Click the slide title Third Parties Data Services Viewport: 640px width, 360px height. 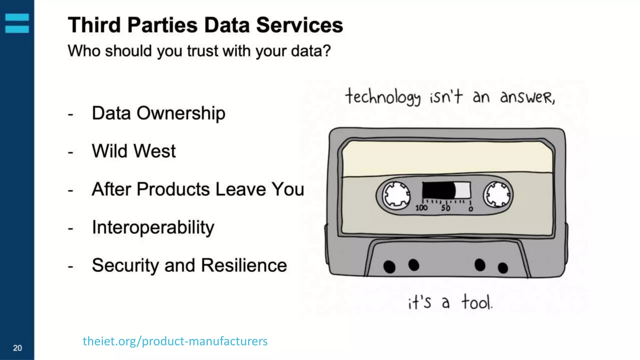(x=205, y=25)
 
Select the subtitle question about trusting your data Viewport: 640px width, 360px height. (x=199, y=51)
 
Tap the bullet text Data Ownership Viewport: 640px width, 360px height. (x=158, y=113)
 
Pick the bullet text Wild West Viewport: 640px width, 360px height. (x=134, y=151)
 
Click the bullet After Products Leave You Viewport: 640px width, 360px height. (x=198, y=189)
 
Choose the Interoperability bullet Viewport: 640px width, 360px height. (x=153, y=227)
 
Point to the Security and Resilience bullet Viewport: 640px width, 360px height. (x=189, y=266)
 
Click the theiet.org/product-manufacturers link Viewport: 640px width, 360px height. (x=175, y=341)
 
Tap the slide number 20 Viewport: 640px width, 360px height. (x=17, y=348)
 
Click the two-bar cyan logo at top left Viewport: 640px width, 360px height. (x=17, y=23)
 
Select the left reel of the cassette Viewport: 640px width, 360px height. (x=396, y=195)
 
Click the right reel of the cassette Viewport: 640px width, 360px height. (x=497, y=195)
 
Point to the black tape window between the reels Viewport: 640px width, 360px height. (x=439, y=190)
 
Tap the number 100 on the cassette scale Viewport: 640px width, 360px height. (x=421, y=208)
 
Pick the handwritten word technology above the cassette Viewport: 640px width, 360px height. (x=382, y=97)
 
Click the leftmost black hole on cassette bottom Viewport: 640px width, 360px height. (x=389, y=267)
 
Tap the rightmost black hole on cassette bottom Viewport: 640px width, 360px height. (x=502, y=268)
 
